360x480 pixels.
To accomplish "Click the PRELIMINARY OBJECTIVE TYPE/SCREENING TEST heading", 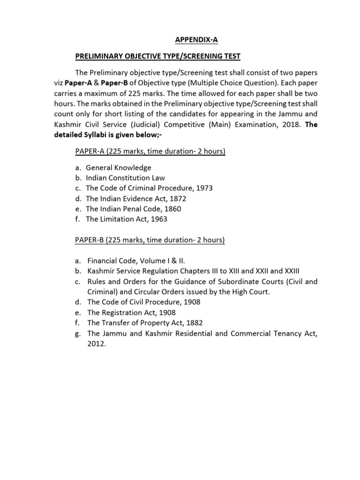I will [158, 56].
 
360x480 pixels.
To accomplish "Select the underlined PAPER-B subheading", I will [150, 240].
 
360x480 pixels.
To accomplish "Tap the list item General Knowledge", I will [119, 167].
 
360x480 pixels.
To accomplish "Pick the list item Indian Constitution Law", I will [125, 178].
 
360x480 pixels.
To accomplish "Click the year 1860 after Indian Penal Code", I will [172, 209].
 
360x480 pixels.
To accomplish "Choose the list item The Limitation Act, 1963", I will [127, 219].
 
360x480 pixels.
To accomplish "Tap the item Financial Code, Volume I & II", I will [139, 261].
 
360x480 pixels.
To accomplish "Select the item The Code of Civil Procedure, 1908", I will [143, 302].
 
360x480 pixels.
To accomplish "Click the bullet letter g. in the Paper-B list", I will [78, 333].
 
